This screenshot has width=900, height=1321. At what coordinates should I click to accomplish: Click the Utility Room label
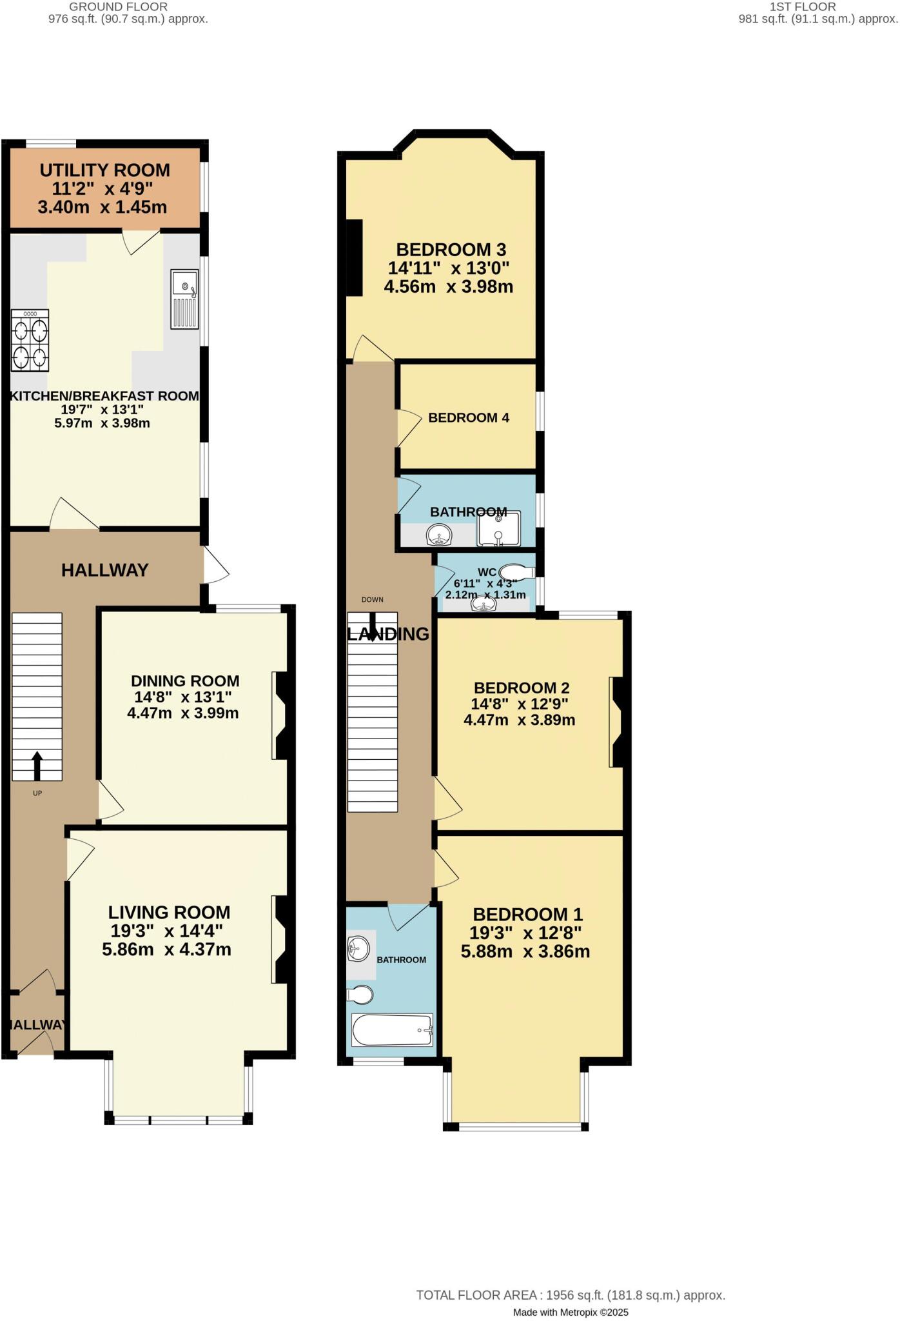(104, 170)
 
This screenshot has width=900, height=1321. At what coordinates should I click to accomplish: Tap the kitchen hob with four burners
(30, 341)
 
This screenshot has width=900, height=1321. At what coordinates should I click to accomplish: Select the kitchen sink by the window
(185, 299)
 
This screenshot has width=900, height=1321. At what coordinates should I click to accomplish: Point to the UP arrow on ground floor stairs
(37, 766)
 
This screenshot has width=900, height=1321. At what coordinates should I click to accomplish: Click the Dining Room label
(185, 681)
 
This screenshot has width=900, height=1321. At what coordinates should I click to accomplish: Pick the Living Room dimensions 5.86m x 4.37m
(166, 949)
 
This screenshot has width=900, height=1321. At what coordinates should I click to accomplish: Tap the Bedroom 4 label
(469, 418)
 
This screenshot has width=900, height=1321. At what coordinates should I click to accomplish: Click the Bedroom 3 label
(451, 250)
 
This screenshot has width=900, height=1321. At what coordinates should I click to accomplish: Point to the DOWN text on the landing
(372, 599)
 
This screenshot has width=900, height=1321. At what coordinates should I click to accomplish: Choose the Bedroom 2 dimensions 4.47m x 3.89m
(519, 720)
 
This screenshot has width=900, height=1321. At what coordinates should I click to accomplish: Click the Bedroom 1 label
(527, 915)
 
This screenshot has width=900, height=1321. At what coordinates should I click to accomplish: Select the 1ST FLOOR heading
(803, 6)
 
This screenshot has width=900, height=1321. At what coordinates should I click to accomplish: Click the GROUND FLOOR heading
(118, 6)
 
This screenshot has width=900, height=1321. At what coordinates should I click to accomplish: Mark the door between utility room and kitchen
(141, 241)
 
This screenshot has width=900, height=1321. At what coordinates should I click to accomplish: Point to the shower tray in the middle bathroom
(498, 530)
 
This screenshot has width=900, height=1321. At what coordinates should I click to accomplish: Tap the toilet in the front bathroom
(360, 995)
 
